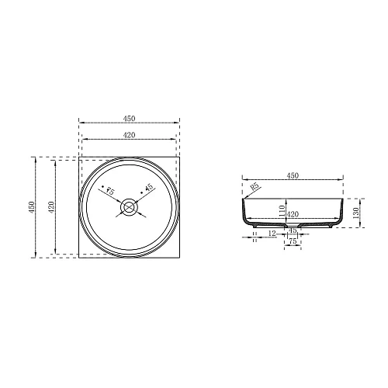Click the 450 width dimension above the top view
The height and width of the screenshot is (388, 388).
pos(129,119)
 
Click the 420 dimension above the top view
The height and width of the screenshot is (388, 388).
pos(129,137)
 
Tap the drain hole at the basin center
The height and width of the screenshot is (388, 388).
pos(129,206)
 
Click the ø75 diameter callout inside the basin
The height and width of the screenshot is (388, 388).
pos(109,190)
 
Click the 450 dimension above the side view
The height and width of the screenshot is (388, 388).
pos(293,176)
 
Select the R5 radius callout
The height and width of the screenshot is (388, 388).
pos(255,187)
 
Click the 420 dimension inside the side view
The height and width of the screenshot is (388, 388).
pos(293,215)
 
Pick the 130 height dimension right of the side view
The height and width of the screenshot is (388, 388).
pos(356,211)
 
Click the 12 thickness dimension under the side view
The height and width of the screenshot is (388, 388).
pos(272,233)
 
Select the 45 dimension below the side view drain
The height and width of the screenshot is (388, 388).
pos(293,230)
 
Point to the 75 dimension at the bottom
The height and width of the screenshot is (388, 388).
pos(293,242)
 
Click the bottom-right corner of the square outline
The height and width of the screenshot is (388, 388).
pos(178,256)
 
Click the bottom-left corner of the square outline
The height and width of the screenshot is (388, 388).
pos(80,256)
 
